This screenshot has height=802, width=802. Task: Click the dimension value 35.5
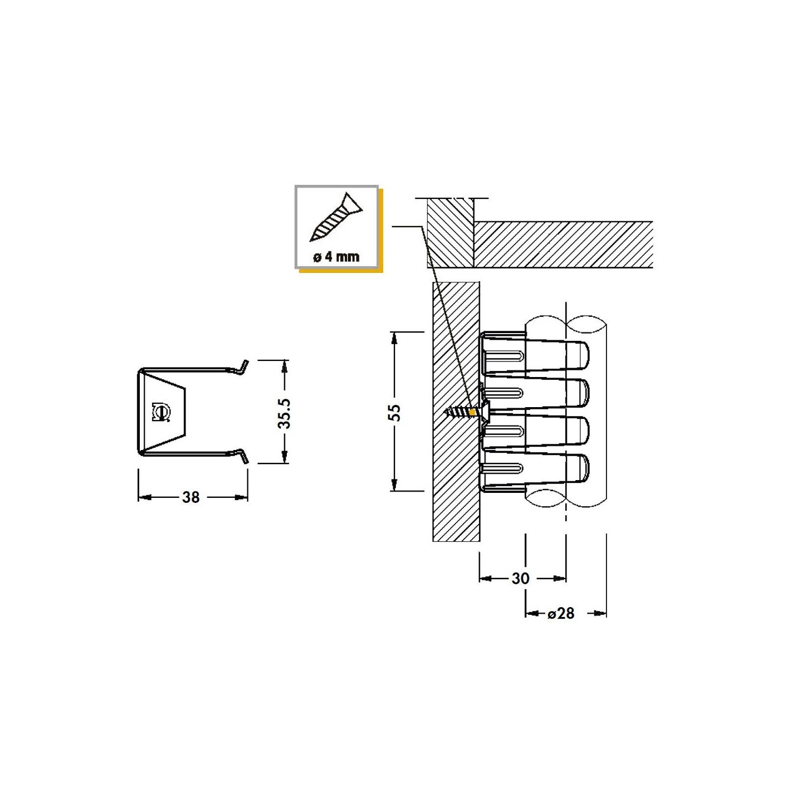point(285,414)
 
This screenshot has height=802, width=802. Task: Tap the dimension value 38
point(190,497)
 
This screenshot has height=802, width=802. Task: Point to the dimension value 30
point(520,578)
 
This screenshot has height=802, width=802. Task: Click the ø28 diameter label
point(561,613)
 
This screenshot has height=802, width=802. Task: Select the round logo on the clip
point(162,413)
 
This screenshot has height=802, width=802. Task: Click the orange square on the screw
point(472,412)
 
